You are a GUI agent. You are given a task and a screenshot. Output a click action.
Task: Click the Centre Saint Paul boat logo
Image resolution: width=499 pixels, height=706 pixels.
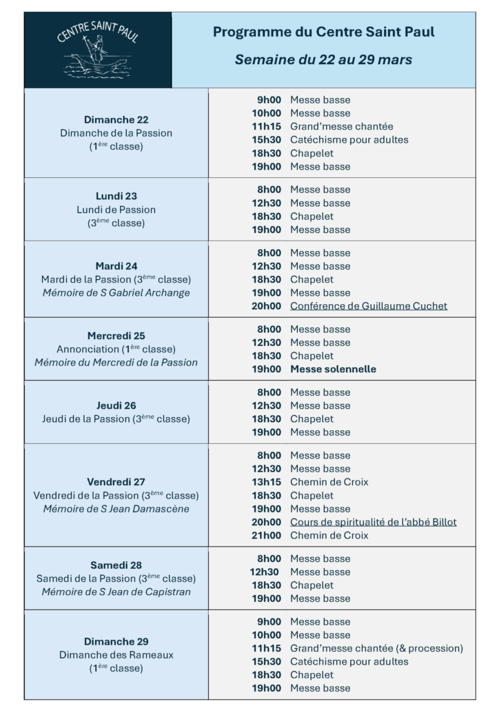pyautogui.click(x=97, y=50)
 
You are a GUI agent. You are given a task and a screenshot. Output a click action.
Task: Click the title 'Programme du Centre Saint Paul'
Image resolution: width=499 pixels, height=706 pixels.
pyautogui.click(x=323, y=32)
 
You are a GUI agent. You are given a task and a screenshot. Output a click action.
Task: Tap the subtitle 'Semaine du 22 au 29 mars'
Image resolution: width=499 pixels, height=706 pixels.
pyautogui.click(x=323, y=60)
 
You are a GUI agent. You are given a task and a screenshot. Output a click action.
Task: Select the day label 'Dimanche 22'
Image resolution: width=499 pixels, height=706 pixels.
pyautogui.click(x=116, y=119)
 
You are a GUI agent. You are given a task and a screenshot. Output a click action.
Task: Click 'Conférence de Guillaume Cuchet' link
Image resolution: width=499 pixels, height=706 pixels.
pyautogui.click(x=368, y=306)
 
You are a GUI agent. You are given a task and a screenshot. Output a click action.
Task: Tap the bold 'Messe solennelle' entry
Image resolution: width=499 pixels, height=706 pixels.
pyautogui.click(x=333, y=369)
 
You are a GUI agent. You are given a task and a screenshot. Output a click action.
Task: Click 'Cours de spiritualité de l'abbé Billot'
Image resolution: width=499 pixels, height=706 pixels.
pyautogui.click(x=373, y=522)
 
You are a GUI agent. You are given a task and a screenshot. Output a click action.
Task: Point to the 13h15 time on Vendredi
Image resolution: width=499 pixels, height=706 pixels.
pyautogui.click(x=266, y=482)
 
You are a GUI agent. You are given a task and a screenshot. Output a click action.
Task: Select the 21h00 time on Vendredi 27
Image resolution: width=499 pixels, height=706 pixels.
pyautogui.click(x=266, y=536)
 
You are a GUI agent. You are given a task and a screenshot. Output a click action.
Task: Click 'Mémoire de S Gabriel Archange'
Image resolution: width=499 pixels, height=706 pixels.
pyautogui.click(x=116, y=292)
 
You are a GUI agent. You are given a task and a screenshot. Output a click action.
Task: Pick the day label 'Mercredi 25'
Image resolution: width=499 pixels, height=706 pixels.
pyautogui.click(x=116, y=336)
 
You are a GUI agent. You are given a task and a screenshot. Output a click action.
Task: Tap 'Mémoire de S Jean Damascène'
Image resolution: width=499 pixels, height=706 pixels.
pyautogui.click(x=116, y=509)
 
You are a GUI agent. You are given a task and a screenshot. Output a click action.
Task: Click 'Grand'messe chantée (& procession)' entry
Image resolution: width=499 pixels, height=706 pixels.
pyautogui.click(x=376, y=648)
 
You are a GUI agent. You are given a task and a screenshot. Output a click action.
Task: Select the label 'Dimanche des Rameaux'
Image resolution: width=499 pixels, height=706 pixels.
pyautogui.click(x=116, y=654)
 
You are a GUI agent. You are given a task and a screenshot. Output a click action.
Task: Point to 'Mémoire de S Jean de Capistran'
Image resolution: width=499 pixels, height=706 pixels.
pyautogui.click(x=116, y=592)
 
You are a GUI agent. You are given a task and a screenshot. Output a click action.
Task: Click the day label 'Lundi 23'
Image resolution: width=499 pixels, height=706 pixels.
pyautogui.click(x=116, y=196)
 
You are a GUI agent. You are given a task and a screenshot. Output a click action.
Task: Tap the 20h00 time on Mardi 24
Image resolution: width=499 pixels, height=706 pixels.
pyautogui.click(x=266, y=306)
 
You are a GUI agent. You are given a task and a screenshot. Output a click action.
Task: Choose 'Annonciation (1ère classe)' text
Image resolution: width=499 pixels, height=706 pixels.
pyautogui.click(x=116, y=349)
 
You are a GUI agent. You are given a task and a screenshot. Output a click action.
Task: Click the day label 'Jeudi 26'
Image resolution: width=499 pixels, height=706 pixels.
pyautogui.click(x=116, y=405)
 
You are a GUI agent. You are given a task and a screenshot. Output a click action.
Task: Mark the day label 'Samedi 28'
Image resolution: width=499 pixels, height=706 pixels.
pyautogui.click(x=116, y=565)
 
